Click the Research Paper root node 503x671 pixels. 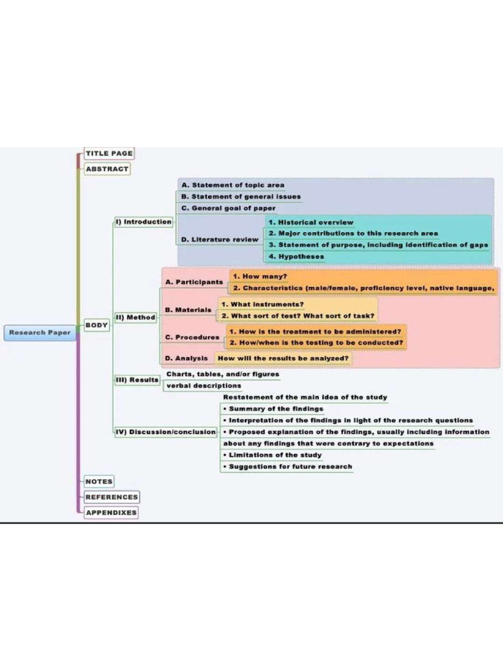pos(40,332)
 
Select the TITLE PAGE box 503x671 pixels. pos(109,153)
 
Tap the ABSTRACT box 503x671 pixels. pos(107,168)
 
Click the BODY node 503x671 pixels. pos(97,325)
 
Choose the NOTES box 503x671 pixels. pos(99,482)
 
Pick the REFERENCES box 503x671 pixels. pos(111,497)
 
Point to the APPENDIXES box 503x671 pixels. pos(111,512)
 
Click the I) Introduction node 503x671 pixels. pos(143,222)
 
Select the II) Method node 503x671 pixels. pos(136,317)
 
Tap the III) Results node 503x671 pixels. pos(137,380)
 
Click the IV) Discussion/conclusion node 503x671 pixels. pos(166,432)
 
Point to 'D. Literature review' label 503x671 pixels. pos(220,240)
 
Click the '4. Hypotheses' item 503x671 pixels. pos(296,257)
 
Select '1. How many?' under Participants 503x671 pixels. pos(260,277)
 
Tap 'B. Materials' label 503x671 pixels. pos(189,310)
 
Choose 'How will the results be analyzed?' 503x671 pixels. pos(283,358)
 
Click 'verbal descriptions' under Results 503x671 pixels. pos(204,386)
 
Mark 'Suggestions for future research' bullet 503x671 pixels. pos(288,467)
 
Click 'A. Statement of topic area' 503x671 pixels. pos(233,185)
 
